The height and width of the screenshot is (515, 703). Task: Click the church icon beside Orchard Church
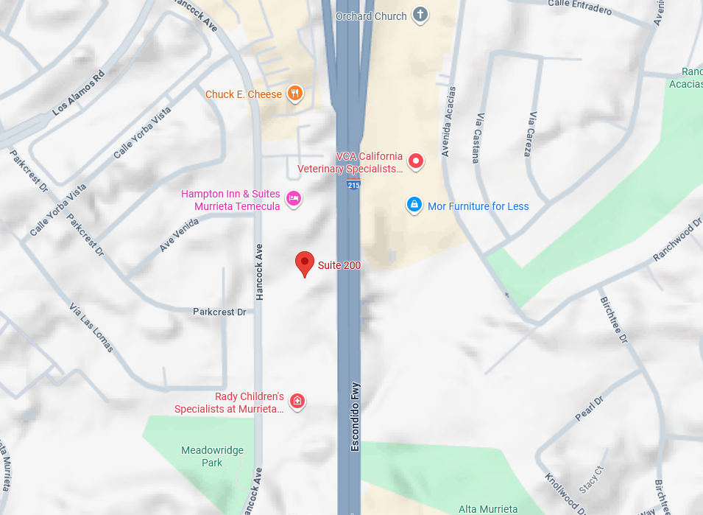420,15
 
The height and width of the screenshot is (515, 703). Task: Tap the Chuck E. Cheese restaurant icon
294,94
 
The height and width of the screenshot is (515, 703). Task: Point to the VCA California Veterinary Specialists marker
416,161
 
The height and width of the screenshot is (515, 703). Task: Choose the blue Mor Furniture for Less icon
414,205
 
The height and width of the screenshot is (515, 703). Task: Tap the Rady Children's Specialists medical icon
297,401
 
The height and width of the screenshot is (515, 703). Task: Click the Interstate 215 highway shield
353,186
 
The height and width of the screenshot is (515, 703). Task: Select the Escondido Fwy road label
356,416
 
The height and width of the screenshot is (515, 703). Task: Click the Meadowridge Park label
212,456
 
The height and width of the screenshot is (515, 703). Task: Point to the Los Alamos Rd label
80,93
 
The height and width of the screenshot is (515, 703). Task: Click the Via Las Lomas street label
91,327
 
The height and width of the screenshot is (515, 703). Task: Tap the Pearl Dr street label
589,408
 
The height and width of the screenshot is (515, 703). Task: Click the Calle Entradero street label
579,6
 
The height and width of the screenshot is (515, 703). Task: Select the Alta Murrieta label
488,509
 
